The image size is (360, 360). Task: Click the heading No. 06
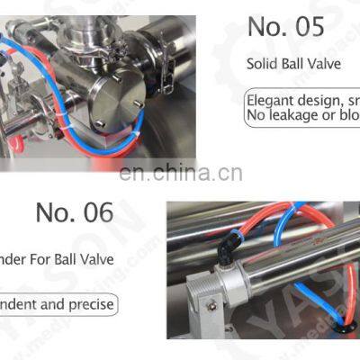point(75,212)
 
